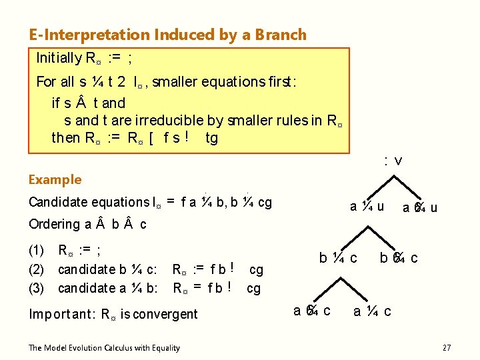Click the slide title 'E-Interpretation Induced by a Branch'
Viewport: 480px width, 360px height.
point(167,35)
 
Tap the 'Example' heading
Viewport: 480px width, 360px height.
point(55,179)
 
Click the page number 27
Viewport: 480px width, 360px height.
point(447,347)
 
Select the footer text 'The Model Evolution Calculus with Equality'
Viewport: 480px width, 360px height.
point(104,347)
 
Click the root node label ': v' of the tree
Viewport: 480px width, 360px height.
point(393,161)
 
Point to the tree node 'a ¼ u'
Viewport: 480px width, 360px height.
point(367,206)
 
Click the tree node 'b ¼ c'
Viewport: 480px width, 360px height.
point(338,258)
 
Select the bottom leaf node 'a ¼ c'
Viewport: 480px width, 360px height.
point(372,310)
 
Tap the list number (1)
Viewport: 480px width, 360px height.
point(36,251)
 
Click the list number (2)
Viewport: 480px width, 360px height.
point(36,270)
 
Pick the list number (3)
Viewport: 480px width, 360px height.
point(36,288)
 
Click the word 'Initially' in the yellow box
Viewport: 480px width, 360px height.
point(59,58)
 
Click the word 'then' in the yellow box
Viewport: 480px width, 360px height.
point(65,138)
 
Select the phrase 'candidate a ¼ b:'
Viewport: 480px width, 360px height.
point(107,288)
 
